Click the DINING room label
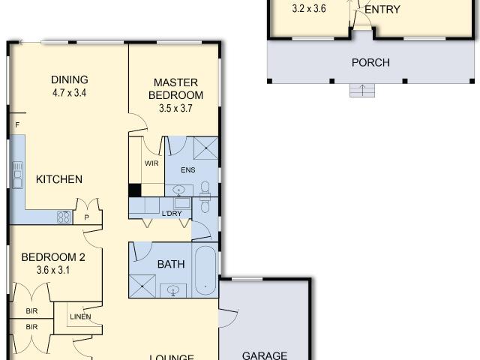[x=70, y=80]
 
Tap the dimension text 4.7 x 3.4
[x=70, y=94]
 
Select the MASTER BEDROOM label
[x=176, y=88]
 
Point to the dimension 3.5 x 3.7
[x=176, y=108]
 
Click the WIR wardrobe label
[x=151, y=163]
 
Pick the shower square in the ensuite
[x=205, y=149]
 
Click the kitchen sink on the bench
[x=16, y=179]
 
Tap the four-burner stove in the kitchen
[x=64, y=217]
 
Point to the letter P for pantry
[x=87, y=217]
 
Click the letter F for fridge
[x=16, y=124]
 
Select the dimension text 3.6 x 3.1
[x=52, y=271]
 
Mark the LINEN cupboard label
[x=79, y=316]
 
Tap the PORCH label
[x=370, y=62]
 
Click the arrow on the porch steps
[x=362, y=91]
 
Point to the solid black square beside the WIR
[x=134, y=190]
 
